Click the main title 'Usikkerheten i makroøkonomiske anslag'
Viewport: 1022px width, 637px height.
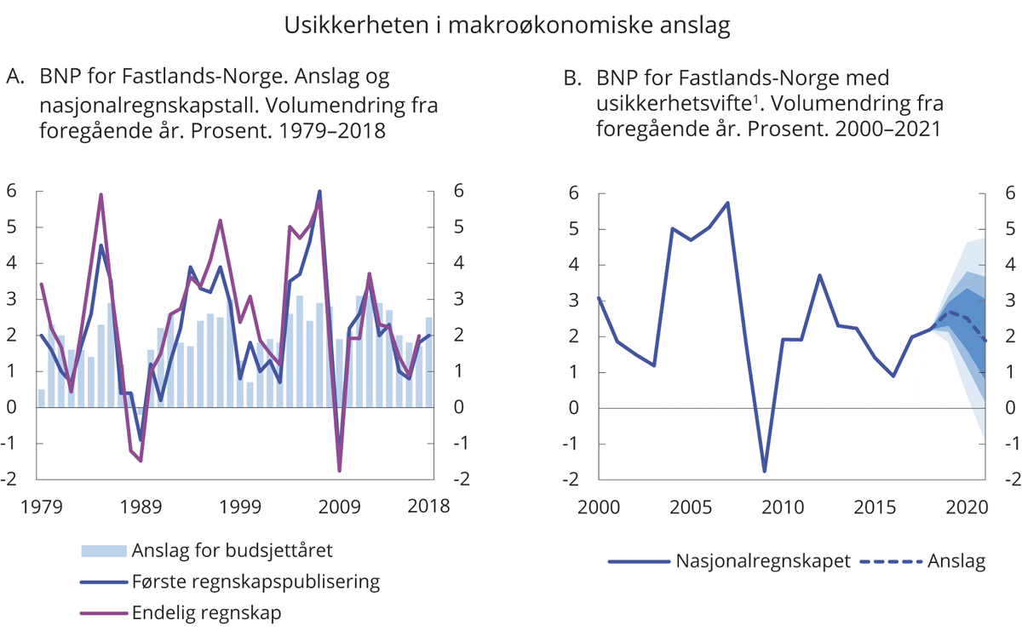507,26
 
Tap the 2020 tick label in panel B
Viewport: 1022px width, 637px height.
967,507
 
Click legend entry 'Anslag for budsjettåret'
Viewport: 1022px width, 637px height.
232,550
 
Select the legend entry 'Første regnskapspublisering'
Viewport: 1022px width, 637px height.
255,582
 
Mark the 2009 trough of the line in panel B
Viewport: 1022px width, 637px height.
765,471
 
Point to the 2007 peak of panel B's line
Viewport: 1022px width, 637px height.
727,203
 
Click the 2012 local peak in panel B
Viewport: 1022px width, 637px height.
818,275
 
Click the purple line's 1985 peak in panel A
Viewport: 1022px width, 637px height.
100,194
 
